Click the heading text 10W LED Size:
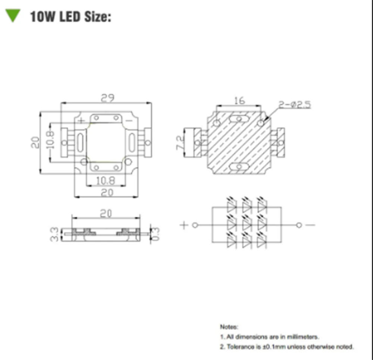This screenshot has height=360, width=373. tap(70, 17)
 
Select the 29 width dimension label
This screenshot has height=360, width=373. tap(107, 98)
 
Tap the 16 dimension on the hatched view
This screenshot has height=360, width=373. tap(239, 100)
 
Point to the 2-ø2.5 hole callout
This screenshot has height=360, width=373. tap(295, 105)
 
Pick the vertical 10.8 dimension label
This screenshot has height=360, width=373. tap(51, 139)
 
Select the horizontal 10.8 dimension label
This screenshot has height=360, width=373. tap(106, 181)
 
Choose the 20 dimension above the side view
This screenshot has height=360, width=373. tap(106, 213)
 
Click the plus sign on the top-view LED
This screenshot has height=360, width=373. tap(81, 120)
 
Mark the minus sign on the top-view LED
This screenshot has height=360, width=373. tap(129, 120)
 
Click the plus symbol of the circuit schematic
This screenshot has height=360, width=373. tap(184, 225)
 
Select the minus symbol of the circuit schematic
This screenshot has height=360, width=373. tap(311, 225)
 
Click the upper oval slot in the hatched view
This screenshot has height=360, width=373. tap(239, 119)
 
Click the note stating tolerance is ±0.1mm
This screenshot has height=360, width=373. tap(286, 347)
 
